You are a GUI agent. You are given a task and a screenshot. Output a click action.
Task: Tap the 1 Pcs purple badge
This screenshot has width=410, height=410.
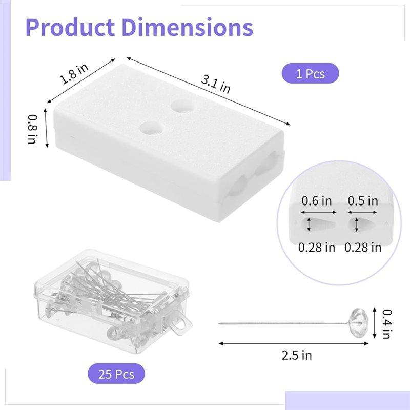coord(310,74)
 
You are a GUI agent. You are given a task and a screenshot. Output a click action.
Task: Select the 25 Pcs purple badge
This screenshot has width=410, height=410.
coord(115,374)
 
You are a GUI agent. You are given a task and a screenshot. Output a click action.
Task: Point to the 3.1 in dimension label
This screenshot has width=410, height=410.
coord(215,81)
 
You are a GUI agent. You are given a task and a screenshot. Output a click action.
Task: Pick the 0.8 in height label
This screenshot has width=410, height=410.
coord(32,128)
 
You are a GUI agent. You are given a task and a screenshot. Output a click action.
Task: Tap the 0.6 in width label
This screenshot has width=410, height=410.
coord(316,201)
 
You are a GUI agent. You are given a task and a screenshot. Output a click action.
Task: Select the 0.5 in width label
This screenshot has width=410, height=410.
coord(363,201)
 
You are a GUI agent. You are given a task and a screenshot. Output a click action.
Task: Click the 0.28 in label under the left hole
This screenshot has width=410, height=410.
coord(317,248)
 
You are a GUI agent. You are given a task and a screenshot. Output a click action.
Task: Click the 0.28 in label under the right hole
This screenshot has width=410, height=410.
coord(363,248)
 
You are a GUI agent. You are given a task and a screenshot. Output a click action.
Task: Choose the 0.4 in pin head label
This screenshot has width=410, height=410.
coord(387,323)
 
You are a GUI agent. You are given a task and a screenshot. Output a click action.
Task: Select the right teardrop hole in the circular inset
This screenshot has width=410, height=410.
coord(358,224)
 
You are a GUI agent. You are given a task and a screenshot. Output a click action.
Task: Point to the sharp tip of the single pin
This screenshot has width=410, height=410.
coord(220,323)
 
